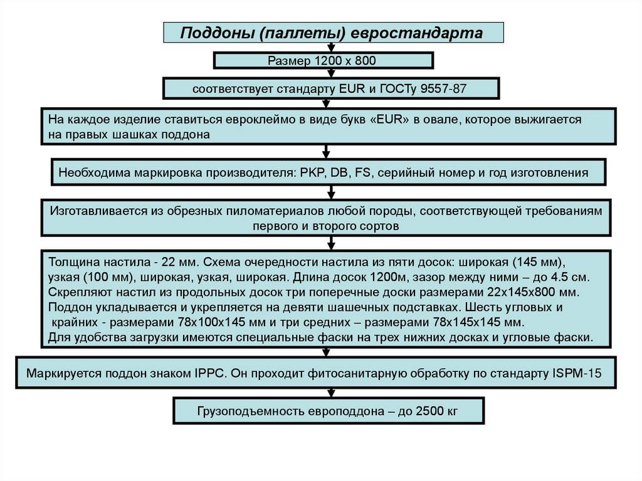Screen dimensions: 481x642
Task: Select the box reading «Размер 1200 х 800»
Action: pos(324,61)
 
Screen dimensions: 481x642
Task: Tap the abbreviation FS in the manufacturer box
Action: pos(363,172)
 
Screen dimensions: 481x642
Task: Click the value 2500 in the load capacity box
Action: pos(426,412)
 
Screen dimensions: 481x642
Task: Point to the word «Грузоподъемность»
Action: pos(250,412)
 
